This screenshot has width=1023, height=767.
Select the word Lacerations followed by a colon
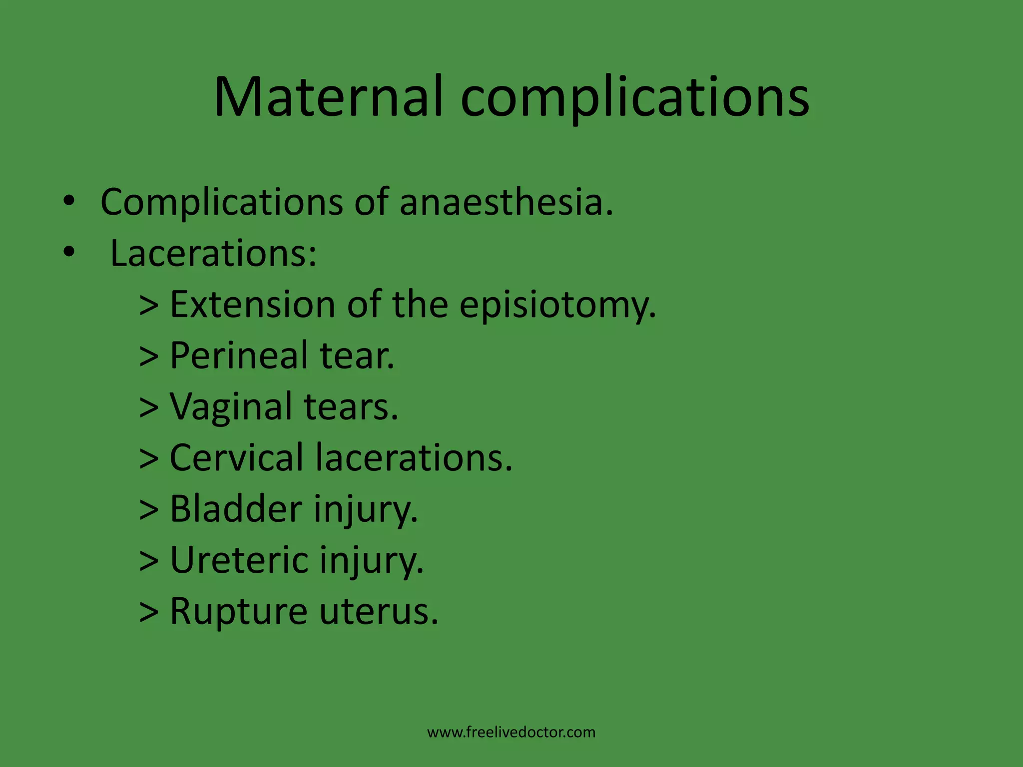pos(213,253)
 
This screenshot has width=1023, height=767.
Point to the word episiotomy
pos(557,305)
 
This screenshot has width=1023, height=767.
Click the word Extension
pos(252,305)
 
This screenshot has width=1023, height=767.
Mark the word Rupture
pos(239,611)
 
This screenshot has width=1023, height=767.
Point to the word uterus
pos(379,612)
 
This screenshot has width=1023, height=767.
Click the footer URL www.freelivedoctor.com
pos(511,733)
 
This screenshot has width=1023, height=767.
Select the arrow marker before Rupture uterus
pos(149,612)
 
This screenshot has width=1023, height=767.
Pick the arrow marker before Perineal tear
pos(149,356)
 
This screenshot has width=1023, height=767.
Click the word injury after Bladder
pos(366,510)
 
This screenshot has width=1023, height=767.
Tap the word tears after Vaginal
pos(351,407)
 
